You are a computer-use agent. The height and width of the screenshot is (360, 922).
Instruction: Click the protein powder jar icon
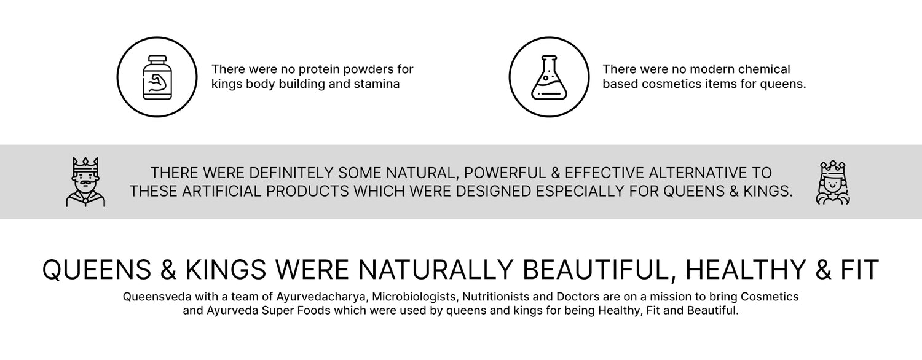pos(157,77)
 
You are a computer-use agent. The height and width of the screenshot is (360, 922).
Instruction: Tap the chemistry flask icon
pos(549,77)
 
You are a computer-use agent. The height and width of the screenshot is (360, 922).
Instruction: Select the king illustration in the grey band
pos(85,181)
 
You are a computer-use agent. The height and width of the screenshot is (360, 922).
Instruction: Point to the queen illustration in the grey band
pos(833,182)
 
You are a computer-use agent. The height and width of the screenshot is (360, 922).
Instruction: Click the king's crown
pos(85,165)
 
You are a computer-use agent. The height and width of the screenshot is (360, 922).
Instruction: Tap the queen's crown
pos(833,167)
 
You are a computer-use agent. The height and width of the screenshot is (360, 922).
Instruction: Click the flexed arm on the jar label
pos(157,82)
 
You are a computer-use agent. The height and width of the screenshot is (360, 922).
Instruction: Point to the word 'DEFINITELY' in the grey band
pos(291,173)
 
